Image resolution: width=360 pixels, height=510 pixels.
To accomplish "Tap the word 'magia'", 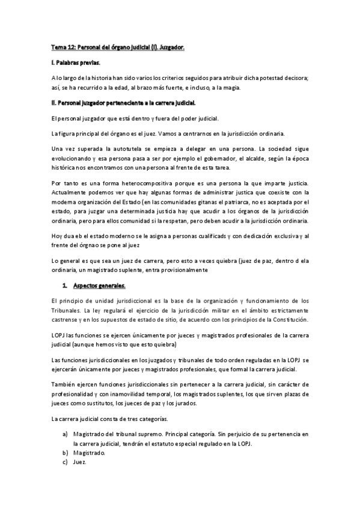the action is coord(231,88).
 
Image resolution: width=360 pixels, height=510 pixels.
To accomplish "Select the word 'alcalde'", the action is coord(246,158).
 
